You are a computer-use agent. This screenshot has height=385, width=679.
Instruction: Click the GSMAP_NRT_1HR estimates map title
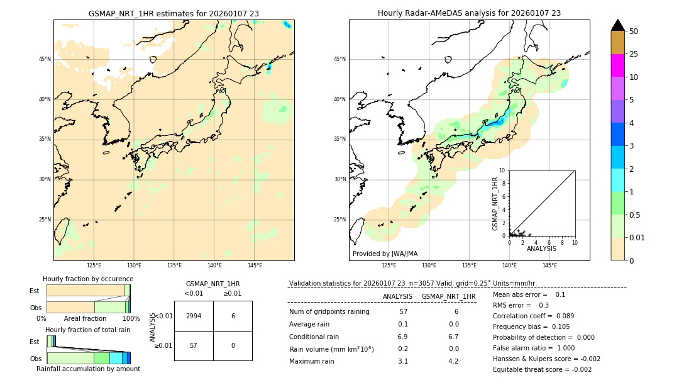point(174,13)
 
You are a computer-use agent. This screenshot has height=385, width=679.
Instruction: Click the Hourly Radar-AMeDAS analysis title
point(469,13)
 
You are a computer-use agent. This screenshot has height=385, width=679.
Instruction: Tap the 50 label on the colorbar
point(634,31)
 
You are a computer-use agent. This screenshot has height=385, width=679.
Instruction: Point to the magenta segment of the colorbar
point(617,65)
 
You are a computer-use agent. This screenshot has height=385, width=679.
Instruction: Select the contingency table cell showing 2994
point(194,316)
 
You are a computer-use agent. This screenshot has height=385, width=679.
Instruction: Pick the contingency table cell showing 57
point(194,346)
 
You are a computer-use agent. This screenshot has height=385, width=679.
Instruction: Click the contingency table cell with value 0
point(233,346)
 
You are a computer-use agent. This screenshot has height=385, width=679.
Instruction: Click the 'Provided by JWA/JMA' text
point(385,254)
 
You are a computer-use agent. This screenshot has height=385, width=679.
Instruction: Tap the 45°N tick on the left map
point(45,59)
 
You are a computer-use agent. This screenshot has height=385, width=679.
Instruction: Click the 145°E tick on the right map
point(549,265)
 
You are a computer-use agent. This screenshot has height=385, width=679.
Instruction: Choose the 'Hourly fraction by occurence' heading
point(88,279)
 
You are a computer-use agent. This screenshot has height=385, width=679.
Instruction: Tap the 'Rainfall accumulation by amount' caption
point(88,369)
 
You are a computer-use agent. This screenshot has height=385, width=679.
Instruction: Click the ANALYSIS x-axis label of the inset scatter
point(541,248)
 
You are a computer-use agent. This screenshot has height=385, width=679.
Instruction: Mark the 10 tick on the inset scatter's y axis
point(502,170)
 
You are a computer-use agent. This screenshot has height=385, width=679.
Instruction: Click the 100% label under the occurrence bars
point(131,318)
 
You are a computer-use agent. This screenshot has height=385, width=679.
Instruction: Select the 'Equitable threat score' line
point(542,369)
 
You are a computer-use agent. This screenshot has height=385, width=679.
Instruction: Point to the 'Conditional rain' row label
point(315,337)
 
